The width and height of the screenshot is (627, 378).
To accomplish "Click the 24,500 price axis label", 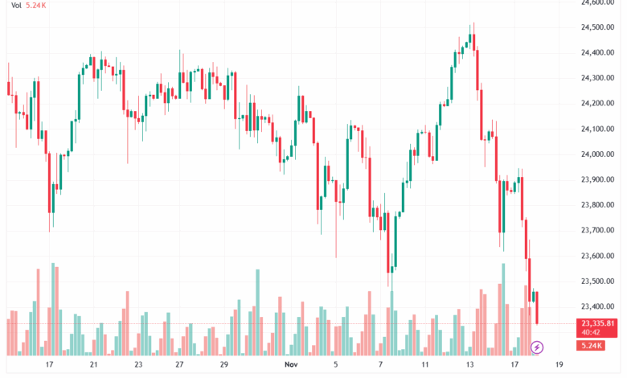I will click(x=597, y=27).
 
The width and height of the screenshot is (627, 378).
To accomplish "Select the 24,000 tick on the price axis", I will click(x=597, y=154).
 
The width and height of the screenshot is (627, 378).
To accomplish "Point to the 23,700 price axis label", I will click(x=597, y=231).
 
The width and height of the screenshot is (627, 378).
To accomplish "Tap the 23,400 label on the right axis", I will click(x=597, y=306).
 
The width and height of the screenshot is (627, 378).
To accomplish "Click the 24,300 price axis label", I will click(x=597, y=78).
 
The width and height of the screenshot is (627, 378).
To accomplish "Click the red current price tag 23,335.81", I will click(x=597, y=324).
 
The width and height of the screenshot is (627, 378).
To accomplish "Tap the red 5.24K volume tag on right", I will click(x=592, y=346).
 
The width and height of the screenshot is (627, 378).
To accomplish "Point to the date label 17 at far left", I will click(x=49, y=364).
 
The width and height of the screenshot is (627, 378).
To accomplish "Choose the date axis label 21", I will click(x=94, y=364).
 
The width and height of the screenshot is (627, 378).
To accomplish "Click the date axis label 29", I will click(x=225, y=364).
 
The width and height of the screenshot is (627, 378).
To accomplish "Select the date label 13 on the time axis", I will click(x=469, y=364).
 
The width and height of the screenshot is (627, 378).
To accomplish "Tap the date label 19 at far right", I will click(x=559, y=364).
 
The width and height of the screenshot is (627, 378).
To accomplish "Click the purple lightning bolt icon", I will click(x=538, y=347).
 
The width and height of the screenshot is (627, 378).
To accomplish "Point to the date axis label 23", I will click(x=138, y=364).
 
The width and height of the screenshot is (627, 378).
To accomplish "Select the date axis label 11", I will click(x=424, y=364).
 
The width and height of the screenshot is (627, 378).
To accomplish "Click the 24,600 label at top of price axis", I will click(x=597, y=3).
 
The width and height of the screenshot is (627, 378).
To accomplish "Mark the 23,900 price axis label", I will click(x=597, y=180).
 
